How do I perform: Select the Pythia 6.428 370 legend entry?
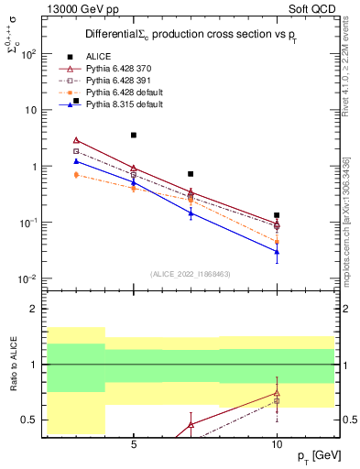pyautogui.click(x=116, y=69)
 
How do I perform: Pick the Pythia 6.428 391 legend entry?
pyautogui.click(x=116, y=81)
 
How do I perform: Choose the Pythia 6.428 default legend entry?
pyautogui.click(x=120, y=93)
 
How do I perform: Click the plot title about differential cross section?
pyautogui.click(x=191, y=34)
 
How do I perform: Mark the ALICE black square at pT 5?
pyautogui.click(x=134, y=136)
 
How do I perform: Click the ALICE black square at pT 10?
pyautogui.click(x=277, y=215)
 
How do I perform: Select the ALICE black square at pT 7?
pyautogui.click(x=191, y=174)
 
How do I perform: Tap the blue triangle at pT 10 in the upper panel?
pyautogui.click(x=277, y=251)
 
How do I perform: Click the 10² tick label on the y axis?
pyautogui.click(x=29, y=53)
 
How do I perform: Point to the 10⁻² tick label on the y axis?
pyautogui.click(x=28, y=278)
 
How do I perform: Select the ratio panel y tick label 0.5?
pyautogui.click(x=28, y=420)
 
